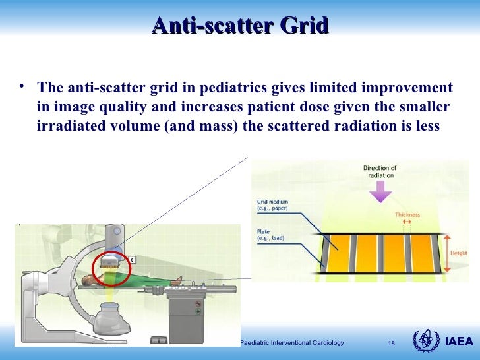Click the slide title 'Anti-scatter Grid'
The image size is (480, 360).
tap(240, 26)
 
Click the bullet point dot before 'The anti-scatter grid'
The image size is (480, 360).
tap(22, 86)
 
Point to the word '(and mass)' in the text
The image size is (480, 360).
tap(201, 125)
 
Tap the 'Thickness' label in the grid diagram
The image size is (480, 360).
tap(407, 215)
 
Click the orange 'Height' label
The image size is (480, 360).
tap(460, 253)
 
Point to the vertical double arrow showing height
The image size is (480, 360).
tap(446, 253)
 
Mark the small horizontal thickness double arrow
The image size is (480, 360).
tap(407, 223)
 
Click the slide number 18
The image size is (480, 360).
tap(391, 343)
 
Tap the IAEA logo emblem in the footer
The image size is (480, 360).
tap(424, 342)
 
